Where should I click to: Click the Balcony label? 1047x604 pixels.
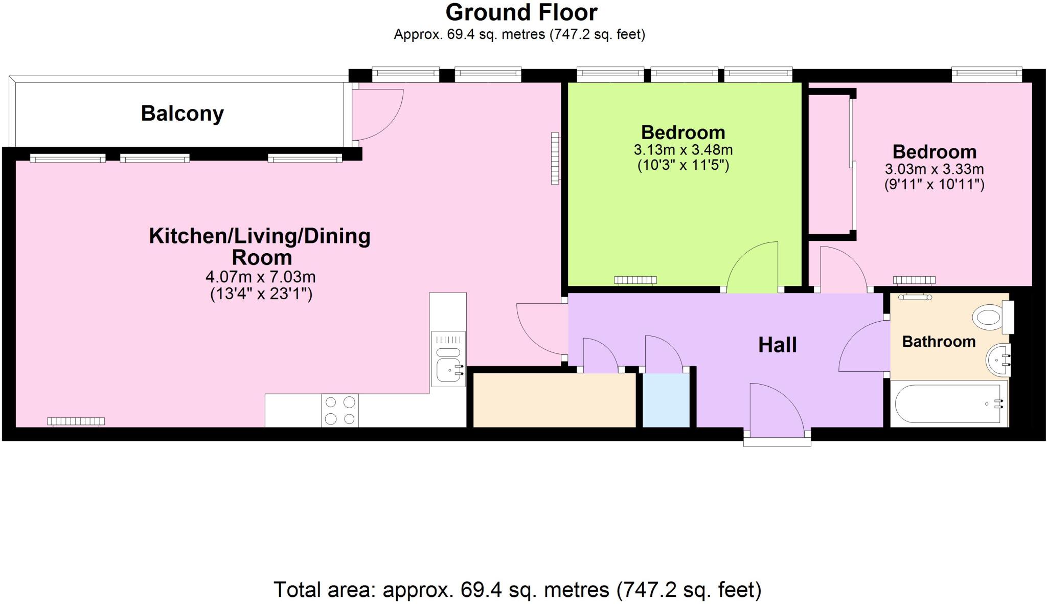point(182,114)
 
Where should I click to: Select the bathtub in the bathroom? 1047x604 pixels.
point(947,404)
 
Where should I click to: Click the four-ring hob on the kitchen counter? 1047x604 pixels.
point(340,411)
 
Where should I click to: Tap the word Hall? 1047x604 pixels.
point(777,345)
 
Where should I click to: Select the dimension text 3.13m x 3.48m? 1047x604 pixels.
point(683,150)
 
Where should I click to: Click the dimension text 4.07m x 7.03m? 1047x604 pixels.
point(260,277)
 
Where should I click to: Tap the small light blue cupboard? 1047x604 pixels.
point(666,400)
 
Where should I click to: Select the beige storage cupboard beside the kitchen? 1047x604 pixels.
point(554,400)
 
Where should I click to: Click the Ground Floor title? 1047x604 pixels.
point(521,13)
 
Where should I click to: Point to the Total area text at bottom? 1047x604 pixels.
point(517,590)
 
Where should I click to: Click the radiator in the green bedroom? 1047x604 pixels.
point(635,280)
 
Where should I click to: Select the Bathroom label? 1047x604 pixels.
point(939,342)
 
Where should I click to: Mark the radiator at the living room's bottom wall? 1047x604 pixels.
point(76,421)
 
